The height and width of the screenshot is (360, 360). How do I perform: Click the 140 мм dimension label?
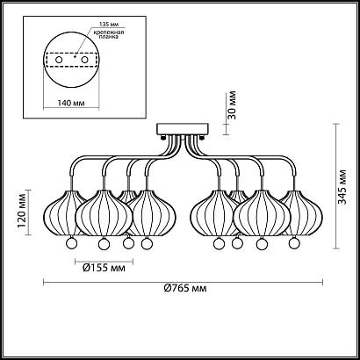click(x=71, y=103)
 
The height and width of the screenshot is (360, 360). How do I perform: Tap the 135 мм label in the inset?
click(x=108, y=25)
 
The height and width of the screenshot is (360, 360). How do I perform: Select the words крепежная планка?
click(x=111, y=34)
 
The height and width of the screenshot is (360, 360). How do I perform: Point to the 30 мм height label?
click(x=232, y=105)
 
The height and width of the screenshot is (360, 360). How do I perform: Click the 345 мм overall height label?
click(x=342, y=186)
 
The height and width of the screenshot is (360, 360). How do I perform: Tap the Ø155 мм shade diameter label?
click(x=104, y=268)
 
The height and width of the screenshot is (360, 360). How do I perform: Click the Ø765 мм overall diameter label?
click(x=185, y=289)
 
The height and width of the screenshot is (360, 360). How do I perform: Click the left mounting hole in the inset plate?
click(x=59, y=60)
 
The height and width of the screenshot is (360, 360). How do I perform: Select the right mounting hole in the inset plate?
click(x=85, y=60)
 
